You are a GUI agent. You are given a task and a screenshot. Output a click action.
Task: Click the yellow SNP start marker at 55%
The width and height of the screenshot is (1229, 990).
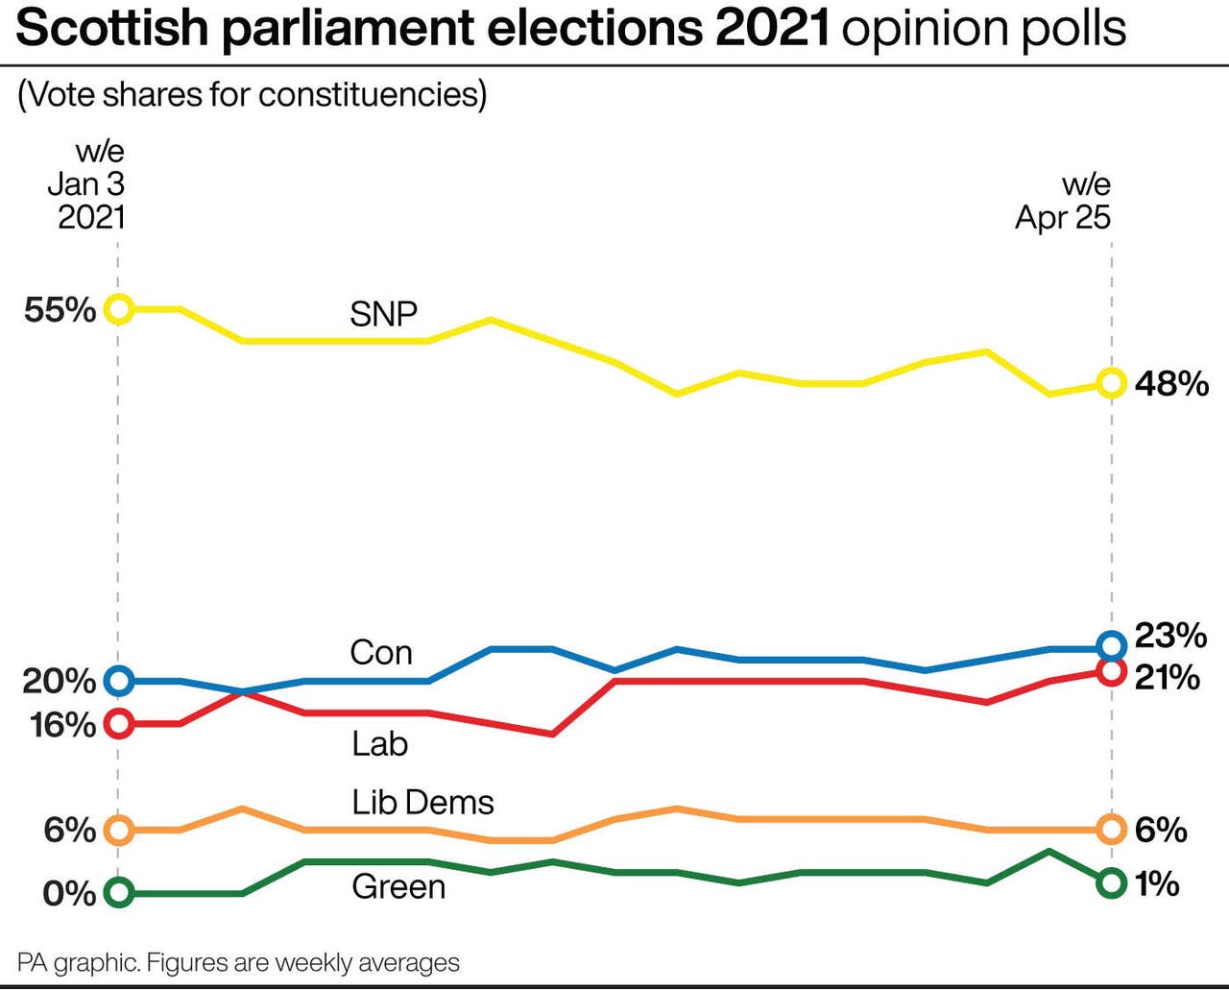point(118,309)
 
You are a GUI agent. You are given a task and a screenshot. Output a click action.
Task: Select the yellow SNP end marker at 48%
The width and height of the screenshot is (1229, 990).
point(1111,383)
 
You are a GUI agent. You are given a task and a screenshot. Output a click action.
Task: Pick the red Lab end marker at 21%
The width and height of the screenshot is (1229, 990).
point(1111,671)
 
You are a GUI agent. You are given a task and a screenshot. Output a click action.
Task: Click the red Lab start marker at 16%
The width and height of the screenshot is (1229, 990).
point(118,723)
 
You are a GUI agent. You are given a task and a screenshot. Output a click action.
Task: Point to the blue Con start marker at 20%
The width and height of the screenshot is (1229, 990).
point(118,681)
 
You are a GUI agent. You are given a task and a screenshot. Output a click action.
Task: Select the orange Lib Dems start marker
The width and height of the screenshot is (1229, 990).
point(118,830)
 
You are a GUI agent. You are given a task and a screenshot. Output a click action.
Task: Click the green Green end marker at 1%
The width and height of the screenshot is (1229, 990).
point(1111,882)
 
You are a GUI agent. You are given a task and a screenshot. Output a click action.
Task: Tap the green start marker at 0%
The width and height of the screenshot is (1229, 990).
point(118,893)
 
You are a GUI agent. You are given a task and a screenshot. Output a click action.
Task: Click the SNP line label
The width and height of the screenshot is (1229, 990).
point(383,314)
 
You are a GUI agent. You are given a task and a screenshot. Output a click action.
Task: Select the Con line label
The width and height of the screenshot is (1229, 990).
point(381,653)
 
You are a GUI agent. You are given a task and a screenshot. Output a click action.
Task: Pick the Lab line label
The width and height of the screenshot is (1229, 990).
point(379,743)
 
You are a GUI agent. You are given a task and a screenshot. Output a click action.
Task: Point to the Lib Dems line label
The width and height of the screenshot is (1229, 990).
point(422,802)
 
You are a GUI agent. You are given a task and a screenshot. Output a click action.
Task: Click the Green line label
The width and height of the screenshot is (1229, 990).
point(398,886)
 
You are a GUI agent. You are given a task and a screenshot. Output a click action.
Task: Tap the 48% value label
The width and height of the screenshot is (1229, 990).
point(1171,384)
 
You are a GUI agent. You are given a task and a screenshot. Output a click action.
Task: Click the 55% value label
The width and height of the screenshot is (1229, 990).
point(60,310)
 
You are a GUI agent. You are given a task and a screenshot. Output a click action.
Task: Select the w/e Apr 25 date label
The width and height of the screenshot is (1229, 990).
point(1064,201)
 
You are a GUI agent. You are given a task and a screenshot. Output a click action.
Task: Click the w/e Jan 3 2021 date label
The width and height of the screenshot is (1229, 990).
point(87,184)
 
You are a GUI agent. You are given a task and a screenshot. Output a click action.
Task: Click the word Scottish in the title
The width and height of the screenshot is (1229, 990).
point(113,28)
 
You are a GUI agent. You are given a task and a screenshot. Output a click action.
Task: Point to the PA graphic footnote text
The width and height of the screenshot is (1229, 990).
point(238,963)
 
